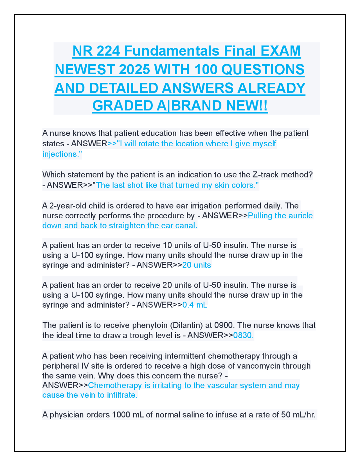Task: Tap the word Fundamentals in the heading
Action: tap(172, 51)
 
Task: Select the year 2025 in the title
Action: tap(134, 70)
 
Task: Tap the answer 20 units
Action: tap(197, 265)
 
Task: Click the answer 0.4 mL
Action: tap(195, 305)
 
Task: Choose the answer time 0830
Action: tap(243, 335)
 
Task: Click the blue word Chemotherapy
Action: tap(115, 385)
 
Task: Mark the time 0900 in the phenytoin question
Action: tap(224, 325)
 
